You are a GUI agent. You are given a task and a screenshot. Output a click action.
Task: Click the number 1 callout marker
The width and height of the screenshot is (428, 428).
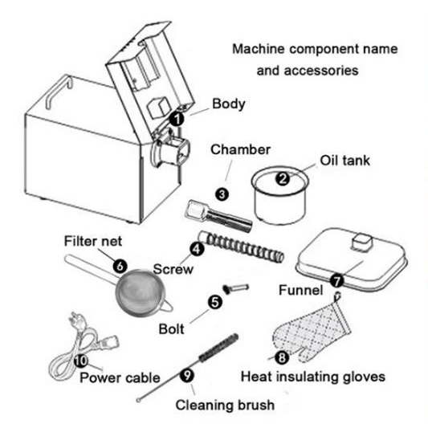[x=181, y=118]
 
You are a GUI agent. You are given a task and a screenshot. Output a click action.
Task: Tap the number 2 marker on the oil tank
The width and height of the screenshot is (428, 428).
[x=283, y=180]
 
